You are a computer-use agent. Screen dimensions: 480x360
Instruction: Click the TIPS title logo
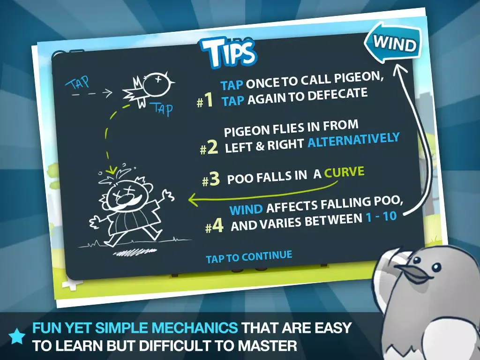pos(228,52)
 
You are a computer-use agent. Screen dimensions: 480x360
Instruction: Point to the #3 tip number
pos(211,179)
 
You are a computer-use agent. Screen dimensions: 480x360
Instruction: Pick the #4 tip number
pos(214,226)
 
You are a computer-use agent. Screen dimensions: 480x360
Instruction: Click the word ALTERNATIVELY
pos(353,140)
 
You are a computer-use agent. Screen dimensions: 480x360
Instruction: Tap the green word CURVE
pos(345,172)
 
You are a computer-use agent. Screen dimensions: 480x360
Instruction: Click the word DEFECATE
pos(337,95)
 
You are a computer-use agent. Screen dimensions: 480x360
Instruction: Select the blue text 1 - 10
pos(382,217)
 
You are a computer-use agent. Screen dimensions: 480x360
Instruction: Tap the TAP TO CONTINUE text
pos(249,257)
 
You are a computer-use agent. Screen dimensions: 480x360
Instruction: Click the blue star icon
pos(17,337)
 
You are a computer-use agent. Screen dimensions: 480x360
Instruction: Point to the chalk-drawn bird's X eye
pos(158,79)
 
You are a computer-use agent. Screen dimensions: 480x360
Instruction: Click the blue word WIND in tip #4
pos(246,210)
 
